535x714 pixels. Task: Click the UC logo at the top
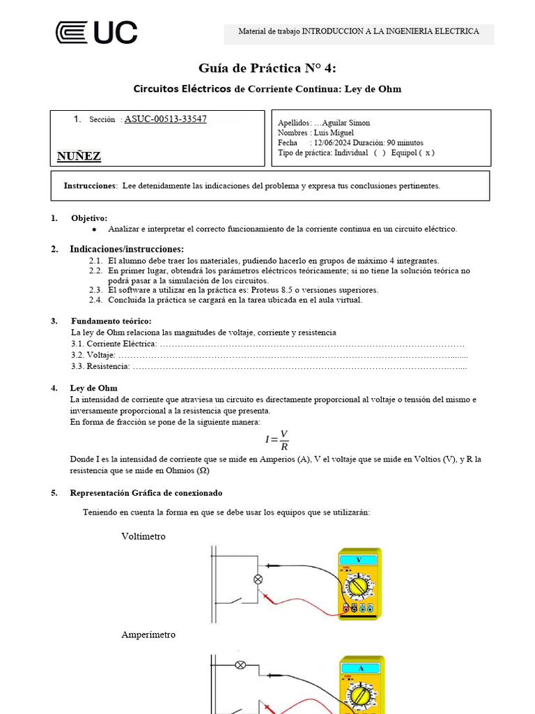[96, 33]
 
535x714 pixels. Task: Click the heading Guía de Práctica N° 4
[267, 68]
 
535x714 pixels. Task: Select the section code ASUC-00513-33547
[165, 119]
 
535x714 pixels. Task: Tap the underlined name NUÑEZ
[79, 156]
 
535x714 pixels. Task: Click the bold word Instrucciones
[90, 186]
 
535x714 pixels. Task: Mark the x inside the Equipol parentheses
[428, 153]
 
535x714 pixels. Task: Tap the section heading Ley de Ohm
[93, 388]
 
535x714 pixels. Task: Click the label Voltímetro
[144, 536]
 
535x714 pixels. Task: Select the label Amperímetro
[148, 635]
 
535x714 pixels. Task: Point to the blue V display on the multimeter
[359, 560]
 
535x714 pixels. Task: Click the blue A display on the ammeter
[360, 668]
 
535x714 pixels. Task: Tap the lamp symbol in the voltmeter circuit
[257, 579]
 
